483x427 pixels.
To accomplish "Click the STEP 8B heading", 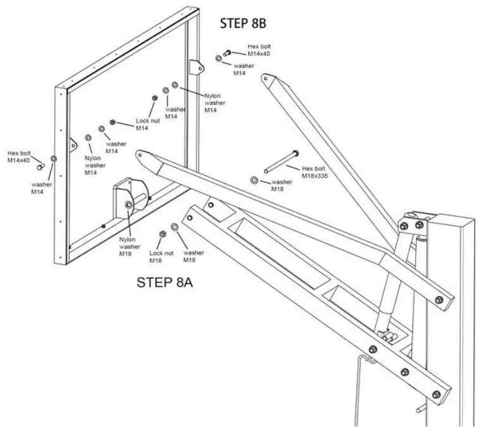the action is (x=243, y=23).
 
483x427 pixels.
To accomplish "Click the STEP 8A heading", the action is (x=165, y=283).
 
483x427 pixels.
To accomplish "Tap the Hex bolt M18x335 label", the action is (x=315, y=173).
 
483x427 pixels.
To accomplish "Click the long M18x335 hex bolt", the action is (x=282, y=161).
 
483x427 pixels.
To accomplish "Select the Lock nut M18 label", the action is (x=161, y=257).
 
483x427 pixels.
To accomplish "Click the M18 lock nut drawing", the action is (x=163, y=234).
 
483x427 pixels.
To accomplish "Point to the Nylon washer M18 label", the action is (x=129, y=247).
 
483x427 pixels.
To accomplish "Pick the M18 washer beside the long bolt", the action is (x=254, y=180).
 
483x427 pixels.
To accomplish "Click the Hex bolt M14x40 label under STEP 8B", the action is (x=259, y=50).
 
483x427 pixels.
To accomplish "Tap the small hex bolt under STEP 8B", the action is (x=227, y=53).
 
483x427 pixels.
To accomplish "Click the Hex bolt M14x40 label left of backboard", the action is (x=19, y=156).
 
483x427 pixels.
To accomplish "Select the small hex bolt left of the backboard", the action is (x=41, y=166).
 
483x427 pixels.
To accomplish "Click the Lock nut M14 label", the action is (x=147, y=125).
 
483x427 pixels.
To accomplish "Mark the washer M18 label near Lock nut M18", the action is (x=194, y=256).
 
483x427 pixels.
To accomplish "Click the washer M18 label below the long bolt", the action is (x=282, y=185).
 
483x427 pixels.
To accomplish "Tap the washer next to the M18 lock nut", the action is (x=174, y=227).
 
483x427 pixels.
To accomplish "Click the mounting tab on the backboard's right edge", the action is (x=196, y=67).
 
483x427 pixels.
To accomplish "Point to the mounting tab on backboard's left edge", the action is (x=73, y=145).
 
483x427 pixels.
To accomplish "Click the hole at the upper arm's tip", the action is (x=265, y=78).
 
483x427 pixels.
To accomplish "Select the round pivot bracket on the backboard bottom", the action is (x=130, y=197).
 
